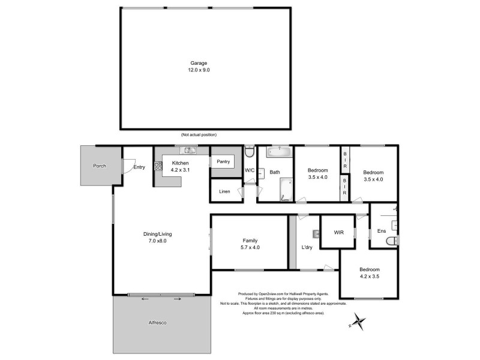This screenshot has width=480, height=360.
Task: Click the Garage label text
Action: click(200, 63)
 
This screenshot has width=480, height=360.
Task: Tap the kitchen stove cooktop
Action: click(158, 167)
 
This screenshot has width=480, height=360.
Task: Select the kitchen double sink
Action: click(190, 150)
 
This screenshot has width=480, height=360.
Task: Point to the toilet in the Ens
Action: click(392, 241)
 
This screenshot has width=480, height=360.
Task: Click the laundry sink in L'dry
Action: click(316, 233)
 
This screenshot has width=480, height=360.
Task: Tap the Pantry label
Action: click(223, 161)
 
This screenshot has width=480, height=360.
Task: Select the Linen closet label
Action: click(224, 191)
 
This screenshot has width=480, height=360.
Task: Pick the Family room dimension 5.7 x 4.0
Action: click(250, 247)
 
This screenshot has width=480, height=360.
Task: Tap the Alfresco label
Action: click(157, 323)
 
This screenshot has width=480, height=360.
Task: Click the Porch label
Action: click(99, 166)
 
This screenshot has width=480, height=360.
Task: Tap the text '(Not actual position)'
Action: click(199, 134)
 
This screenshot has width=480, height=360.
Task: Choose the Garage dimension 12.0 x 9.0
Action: click(200, 70)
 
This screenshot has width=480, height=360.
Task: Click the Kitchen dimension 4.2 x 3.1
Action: click(181, 170)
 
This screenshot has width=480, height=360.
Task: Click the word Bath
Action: click(275, 172)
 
